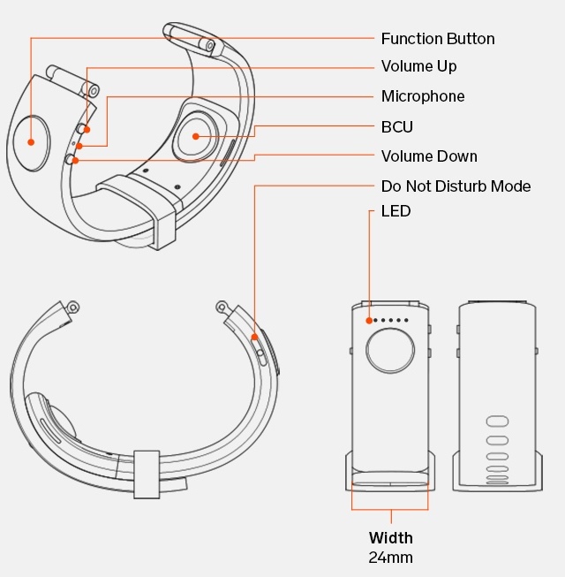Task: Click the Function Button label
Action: click(438, 39)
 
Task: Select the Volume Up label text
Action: click(419, 66)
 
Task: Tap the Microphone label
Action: click(423, 96)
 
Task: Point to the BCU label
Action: click(397, 126)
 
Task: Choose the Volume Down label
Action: click(429, 156)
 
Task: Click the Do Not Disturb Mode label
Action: click(456, 186)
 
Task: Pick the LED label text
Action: click(395, 211)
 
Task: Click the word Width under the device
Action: click(390, 538)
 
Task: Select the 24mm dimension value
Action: click(390, 558)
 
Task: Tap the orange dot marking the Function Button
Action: click(31, 141)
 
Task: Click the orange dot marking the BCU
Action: click(193, 136)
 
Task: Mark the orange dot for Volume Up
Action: click(87, 130)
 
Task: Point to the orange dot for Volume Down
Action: click(76, 160)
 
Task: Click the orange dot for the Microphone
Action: click(79, 146)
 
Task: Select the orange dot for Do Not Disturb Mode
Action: click(254, 337)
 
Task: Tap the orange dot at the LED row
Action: click(369, 320)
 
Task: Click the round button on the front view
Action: click(389, 351)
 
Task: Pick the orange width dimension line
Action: click(389, 509)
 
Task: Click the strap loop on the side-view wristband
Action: click(147, 475)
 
